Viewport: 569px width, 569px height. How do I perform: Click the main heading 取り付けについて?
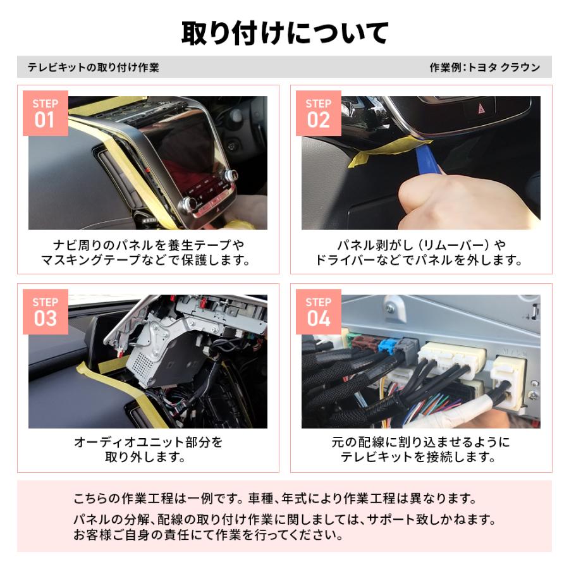(284, 33)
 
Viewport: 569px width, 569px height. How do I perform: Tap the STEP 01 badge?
(45, 113)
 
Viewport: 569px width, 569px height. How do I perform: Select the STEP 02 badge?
(319, 113)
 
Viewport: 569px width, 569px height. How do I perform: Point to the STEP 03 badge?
(45, 312)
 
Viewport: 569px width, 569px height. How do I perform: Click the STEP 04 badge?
(319, 312)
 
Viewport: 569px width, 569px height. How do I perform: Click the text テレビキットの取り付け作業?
(93, 68)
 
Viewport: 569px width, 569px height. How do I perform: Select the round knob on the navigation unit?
(187, 204)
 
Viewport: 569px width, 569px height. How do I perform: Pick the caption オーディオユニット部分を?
(148, 442)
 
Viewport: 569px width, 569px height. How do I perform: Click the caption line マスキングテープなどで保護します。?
(148, 260)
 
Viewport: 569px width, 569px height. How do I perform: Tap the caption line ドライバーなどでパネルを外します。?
(420, 260)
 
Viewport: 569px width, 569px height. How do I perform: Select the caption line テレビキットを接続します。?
(420, 458)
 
